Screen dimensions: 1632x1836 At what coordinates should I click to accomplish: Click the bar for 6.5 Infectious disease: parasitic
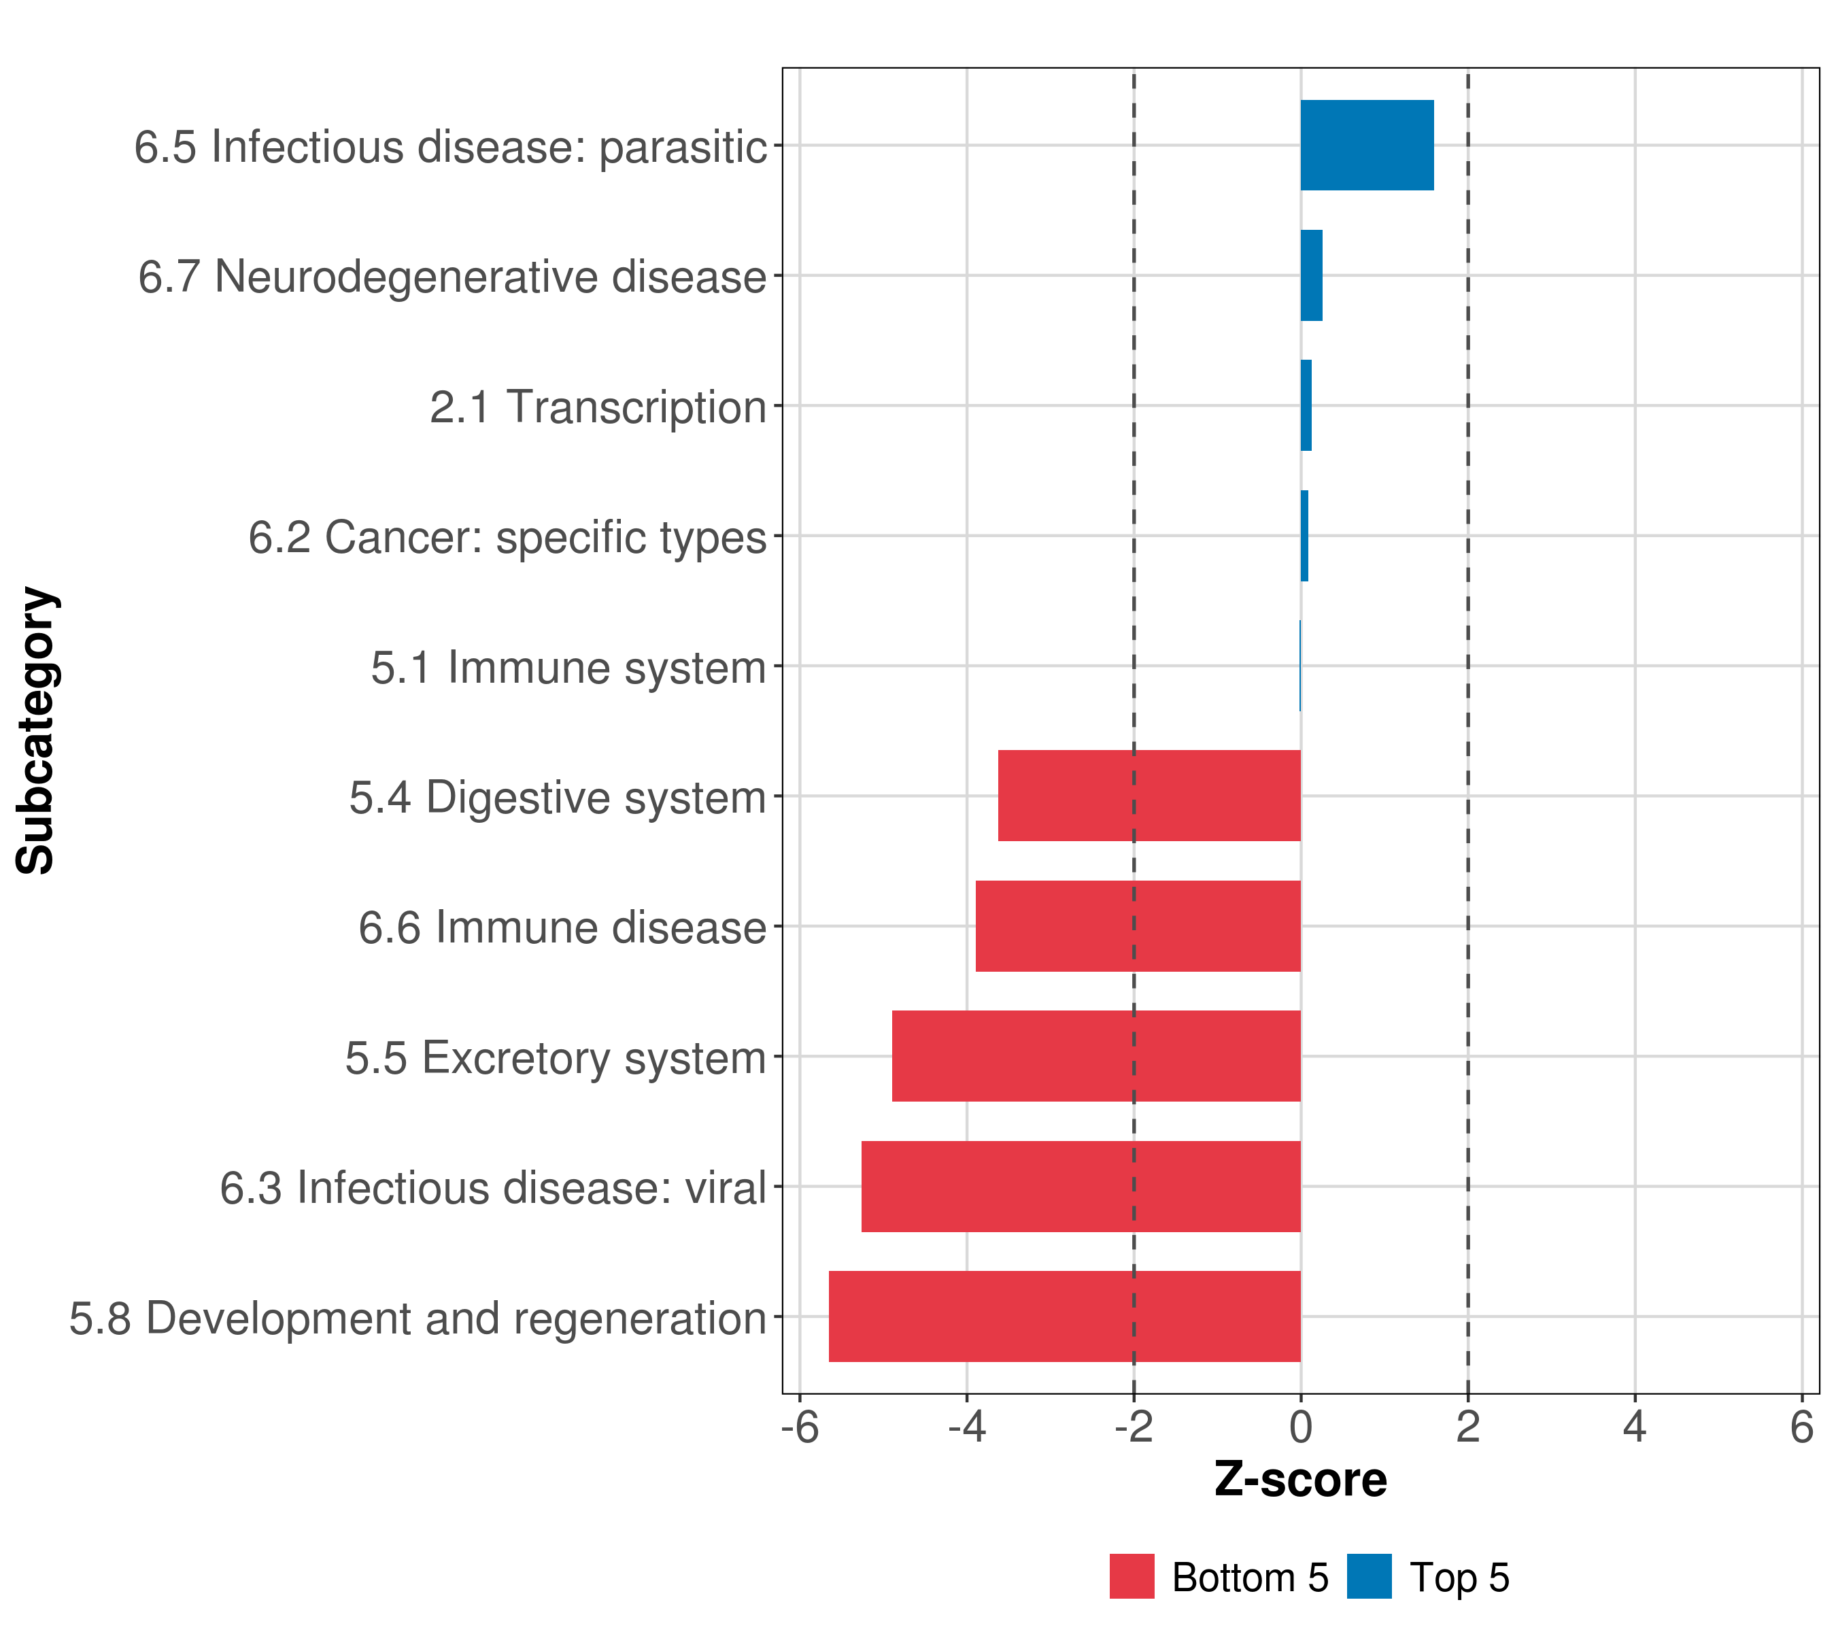click(1366, 146)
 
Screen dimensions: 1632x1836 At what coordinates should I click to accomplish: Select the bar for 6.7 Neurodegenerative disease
click(1312, 276)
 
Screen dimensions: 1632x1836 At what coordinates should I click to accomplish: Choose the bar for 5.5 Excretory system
click(1096, 1056)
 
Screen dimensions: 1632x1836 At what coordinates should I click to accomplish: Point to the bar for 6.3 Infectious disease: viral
click(1081, 1187)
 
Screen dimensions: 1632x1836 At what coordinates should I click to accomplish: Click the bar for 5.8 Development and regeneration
click(1064, 1316)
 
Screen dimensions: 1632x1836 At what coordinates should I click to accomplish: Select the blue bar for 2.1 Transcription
click(1306, 406)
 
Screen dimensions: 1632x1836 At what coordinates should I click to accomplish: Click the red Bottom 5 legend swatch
click(1132, 1576)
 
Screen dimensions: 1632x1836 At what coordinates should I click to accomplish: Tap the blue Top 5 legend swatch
click(1369, 1576)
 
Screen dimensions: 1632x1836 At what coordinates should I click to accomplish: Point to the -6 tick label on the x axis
click(800, 1427)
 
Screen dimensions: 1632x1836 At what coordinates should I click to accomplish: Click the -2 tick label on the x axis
click(1134, 1427)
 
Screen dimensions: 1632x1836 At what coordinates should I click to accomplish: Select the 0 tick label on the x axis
click(1301, 1427)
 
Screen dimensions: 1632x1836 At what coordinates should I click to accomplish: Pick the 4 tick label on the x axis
click(1635, 1427)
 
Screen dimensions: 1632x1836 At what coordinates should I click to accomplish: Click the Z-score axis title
click(1301, 1480)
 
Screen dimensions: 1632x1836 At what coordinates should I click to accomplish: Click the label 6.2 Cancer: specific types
click(507, 538)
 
